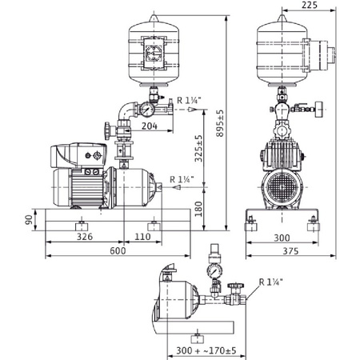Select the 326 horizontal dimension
[84, 238]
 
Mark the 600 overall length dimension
[118, 250]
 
